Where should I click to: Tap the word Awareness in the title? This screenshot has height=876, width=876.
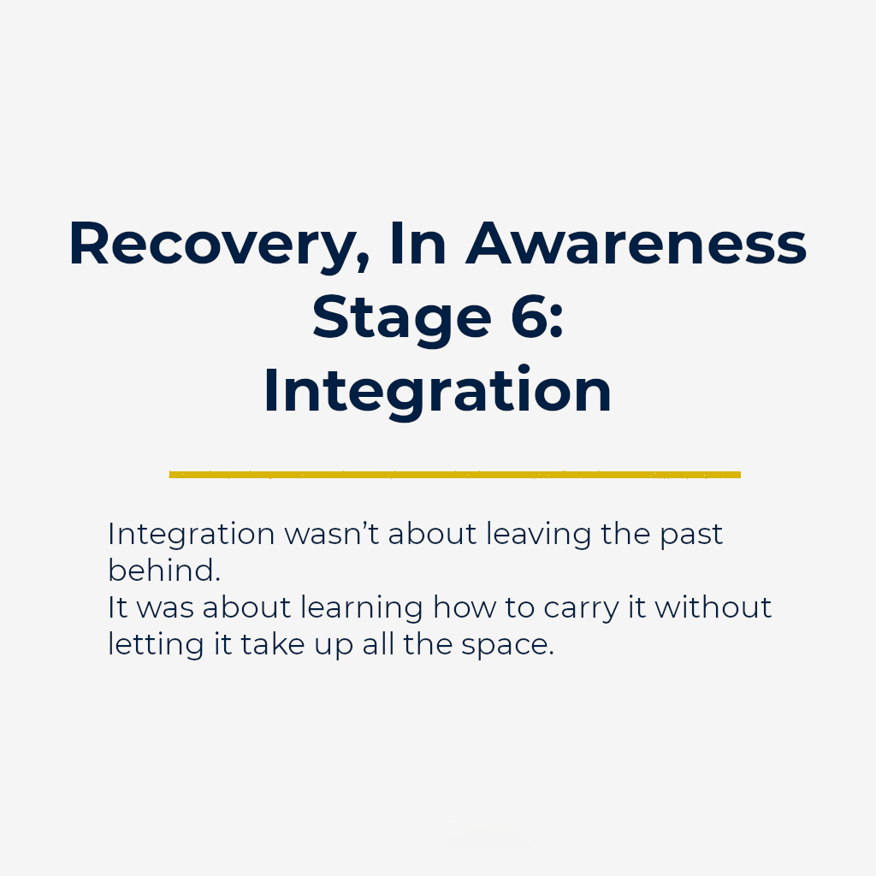point(636,244)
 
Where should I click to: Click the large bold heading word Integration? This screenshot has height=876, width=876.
point(437,390)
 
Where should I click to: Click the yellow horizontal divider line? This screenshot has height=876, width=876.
point(454,474)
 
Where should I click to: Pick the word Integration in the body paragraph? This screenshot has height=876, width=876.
point(191,535)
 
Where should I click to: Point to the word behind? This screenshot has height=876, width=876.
point(163,571)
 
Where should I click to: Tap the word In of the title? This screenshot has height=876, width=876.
point(417,244)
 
